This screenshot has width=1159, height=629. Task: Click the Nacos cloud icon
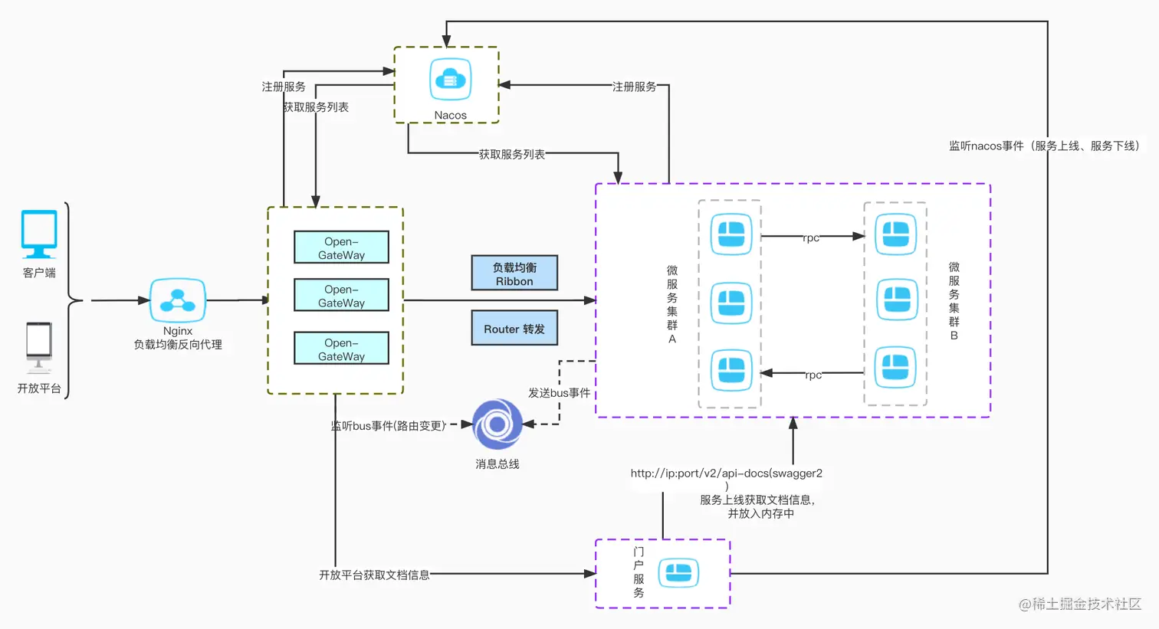click(450, 79)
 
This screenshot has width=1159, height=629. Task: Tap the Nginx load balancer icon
click(178, 300)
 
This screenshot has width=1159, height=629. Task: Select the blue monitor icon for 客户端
click(39, 234)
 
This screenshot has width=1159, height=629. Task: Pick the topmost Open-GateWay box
click(341, 247)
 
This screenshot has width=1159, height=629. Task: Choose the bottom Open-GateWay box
click(341, 349)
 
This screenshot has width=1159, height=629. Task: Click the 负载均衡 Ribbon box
click(514, 274)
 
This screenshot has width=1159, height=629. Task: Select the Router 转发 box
click(514, 329)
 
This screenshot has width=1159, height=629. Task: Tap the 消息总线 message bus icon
click(497, 424)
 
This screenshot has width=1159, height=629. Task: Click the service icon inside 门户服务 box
click(678, 573)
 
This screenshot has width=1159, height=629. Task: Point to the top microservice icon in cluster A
click(731, 234)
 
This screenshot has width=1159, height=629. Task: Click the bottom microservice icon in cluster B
click(895, 367)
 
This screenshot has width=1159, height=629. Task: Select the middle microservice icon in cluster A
click(731, 303)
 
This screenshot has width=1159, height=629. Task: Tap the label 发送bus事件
click(559, 393)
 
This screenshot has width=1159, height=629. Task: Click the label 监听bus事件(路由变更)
click(389, 426)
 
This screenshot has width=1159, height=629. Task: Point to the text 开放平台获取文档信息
click(374, 575)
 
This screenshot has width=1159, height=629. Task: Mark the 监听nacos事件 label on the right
click(1044, 146)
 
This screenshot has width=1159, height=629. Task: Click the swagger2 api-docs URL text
click(726, 473)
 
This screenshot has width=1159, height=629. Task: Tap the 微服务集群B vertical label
click(954, 300)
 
